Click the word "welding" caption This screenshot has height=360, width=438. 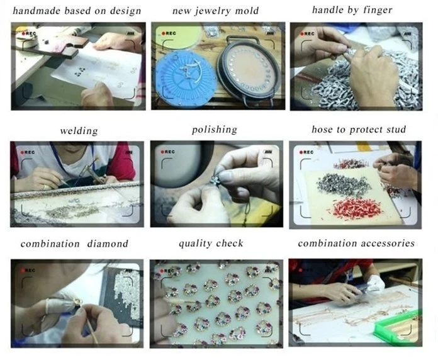[x=79, y=131]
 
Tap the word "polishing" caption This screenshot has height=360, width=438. [x=214, y=130]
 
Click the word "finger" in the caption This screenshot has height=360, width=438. [x=378, y=10]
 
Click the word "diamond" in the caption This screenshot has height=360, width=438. [x=108, y=244]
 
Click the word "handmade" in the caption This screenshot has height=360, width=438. [x=36, y=11]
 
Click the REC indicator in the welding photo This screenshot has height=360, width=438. [x=28, y=152]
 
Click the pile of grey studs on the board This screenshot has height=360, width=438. [x=338, y=184]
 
